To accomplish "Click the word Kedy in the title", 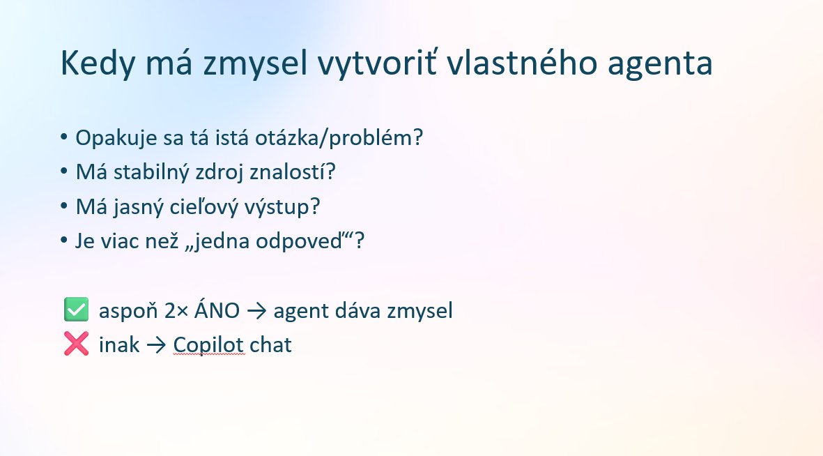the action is point(98,63).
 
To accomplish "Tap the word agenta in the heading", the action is point(660,65).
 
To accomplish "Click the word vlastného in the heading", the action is point(522,63).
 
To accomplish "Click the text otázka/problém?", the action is point(339,138).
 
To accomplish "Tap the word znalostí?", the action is point(293,172).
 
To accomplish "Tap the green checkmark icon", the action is point(76,310).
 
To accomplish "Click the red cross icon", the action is point(76,344).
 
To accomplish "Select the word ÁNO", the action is point(217,310).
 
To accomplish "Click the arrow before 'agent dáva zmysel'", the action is point(256,311).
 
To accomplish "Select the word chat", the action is point(271,345).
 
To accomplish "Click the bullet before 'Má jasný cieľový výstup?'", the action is point(64,206).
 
